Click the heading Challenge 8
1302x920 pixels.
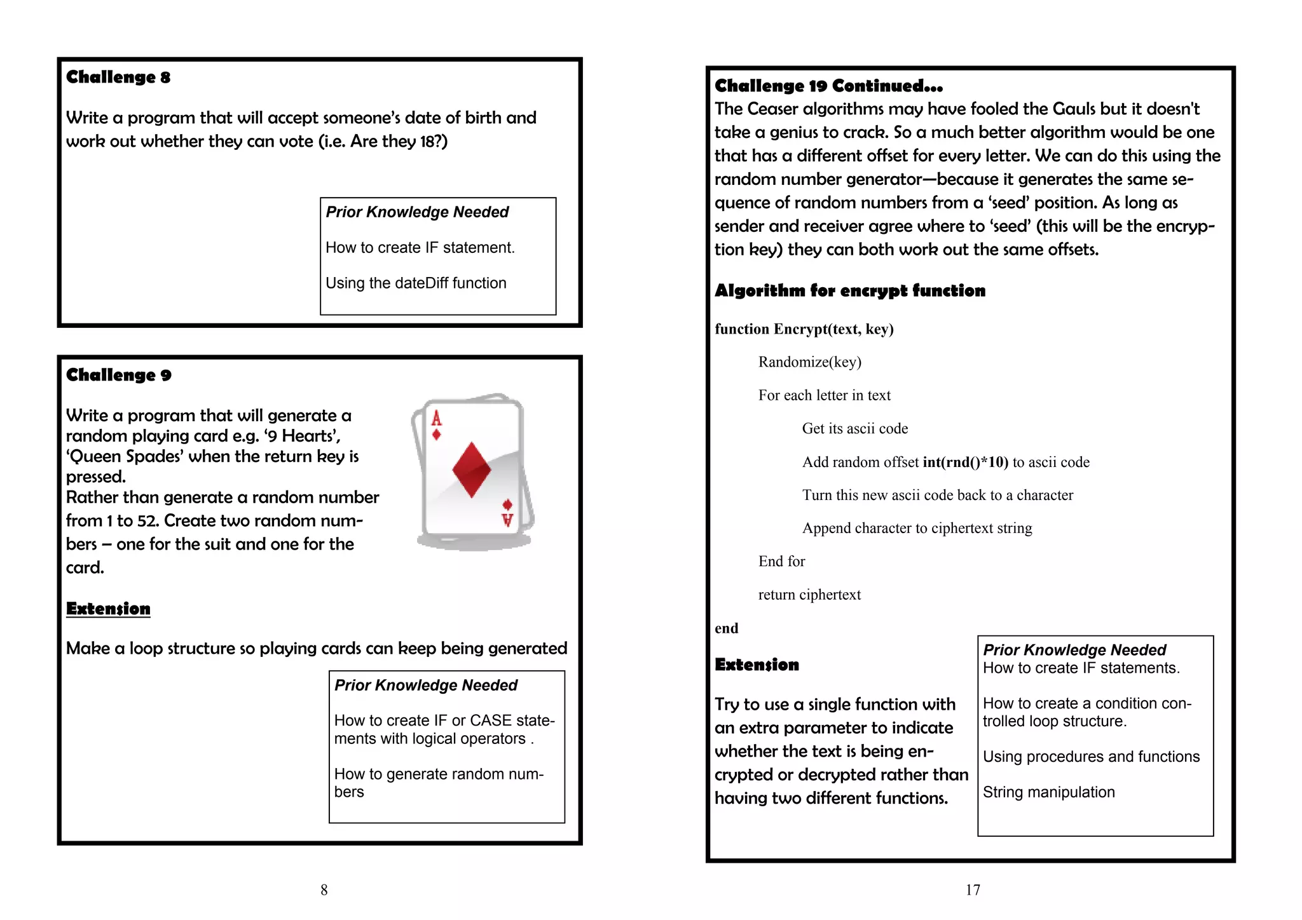point(118,78)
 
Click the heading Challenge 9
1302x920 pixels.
point(119,375)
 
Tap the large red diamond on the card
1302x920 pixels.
point(471,470)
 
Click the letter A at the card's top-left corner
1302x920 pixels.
point(436,418)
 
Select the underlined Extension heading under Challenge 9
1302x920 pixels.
point(108,609)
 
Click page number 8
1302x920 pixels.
point(324,890)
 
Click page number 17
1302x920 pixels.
point(973,890)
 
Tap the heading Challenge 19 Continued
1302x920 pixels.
point(828,86)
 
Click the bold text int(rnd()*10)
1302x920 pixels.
point(965,463)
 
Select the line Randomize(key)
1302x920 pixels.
point(809,362)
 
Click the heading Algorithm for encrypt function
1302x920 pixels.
point(849,291)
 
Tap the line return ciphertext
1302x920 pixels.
point(809,595)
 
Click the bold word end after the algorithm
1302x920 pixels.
point(726,628)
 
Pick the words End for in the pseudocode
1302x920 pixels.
point(781,562)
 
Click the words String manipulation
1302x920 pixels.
point(1048,792)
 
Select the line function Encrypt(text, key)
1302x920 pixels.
point(804,329)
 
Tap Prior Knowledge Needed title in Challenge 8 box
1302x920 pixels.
point(417,212)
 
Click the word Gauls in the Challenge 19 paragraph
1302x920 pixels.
point(1074,109)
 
